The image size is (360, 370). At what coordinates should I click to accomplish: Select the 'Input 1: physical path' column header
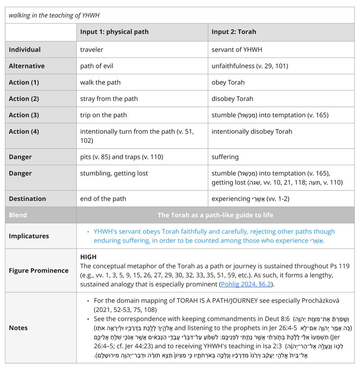[x=114, y=32]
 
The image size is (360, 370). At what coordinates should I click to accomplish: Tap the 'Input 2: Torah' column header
[x=234, y=32]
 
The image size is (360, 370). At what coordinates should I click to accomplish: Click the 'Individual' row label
[x=25, y=50]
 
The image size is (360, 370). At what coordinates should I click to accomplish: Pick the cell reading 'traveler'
[x=92, y=50]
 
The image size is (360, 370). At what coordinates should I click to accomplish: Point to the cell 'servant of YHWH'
[x=237, y=50]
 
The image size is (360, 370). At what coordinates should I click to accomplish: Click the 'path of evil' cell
[x=97, y=66]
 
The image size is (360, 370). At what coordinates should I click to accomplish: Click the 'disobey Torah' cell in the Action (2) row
[x=233, y=99]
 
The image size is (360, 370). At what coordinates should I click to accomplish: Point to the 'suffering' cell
[x=225, y=157]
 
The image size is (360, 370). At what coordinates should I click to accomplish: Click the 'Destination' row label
[x=27, y=199]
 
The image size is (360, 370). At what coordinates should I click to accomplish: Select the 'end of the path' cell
[x=103, y=199]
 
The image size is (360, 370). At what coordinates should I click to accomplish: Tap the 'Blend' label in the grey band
[x=18, y=215]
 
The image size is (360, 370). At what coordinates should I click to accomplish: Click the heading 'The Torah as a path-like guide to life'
[x=215, y=215]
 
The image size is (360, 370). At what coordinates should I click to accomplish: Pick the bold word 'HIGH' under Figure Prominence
[x=89, y=257]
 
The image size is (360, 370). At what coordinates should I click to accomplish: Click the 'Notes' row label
[x=18, y=328]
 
